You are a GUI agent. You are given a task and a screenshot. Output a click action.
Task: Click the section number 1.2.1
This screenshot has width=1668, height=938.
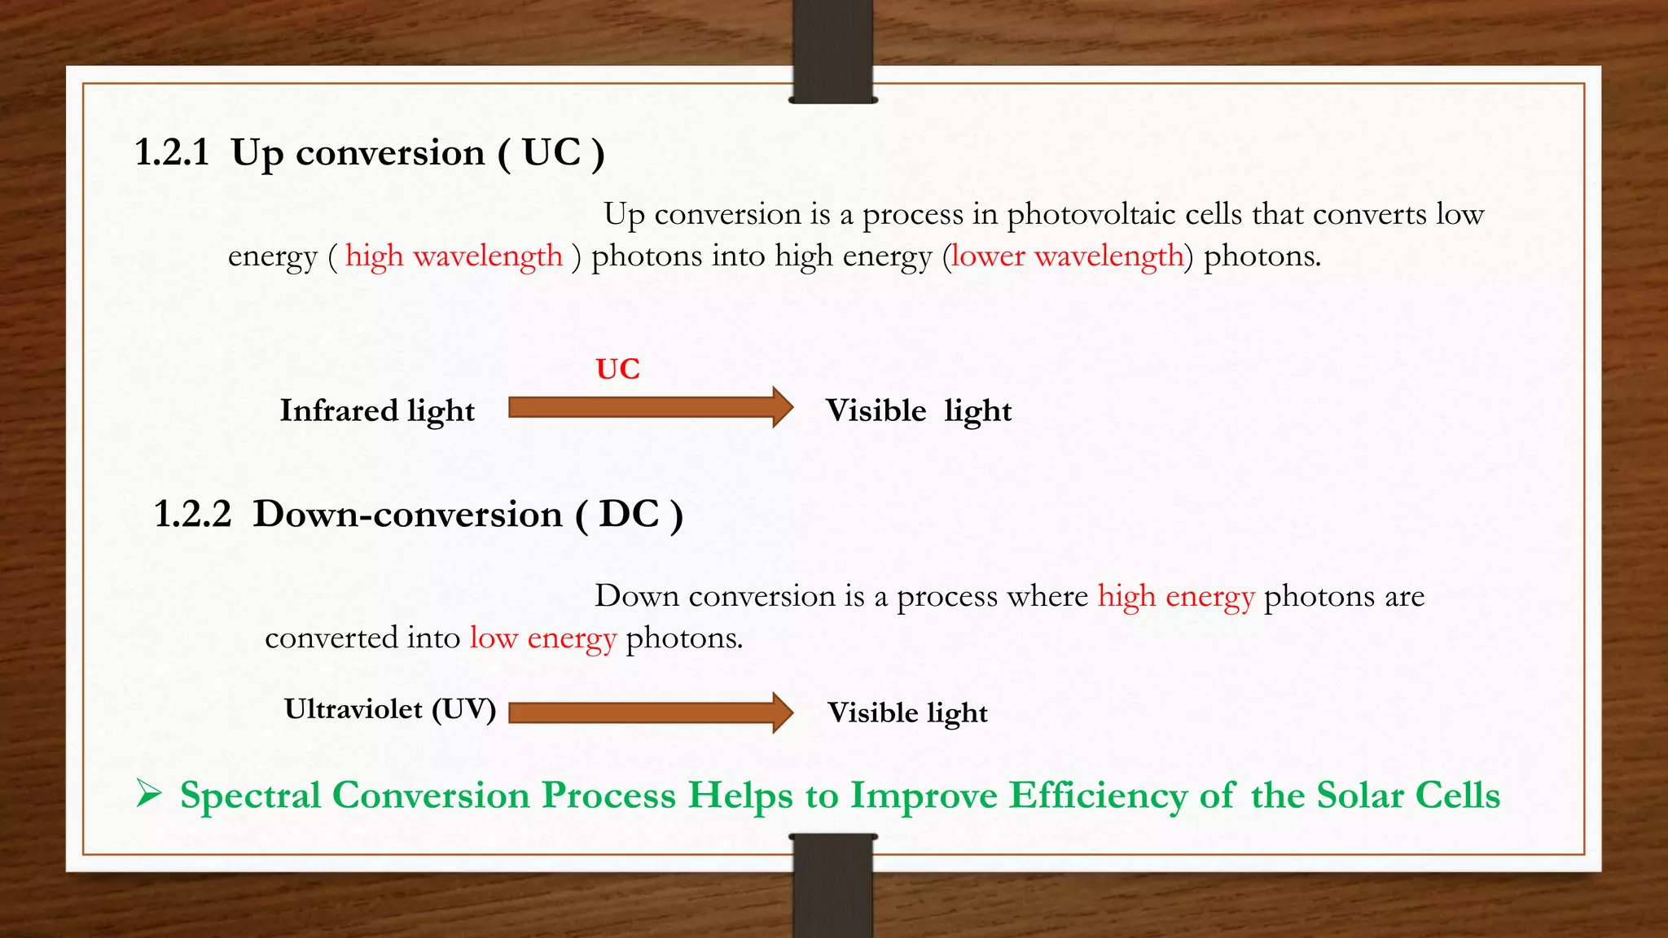172,153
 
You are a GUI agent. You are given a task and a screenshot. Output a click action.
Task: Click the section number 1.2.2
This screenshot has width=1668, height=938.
193,515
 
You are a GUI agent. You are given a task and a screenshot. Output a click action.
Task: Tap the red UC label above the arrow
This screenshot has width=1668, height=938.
617,369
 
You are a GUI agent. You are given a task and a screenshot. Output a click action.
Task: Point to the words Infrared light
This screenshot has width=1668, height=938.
377,411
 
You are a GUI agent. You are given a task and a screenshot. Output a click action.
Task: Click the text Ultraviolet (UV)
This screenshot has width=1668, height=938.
389,709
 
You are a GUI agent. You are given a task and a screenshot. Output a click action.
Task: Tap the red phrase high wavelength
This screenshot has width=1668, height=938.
454,256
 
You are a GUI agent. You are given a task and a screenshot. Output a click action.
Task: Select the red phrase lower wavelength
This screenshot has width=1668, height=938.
1067,256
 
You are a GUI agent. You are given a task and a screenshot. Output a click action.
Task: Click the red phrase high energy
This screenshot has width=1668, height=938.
1175,597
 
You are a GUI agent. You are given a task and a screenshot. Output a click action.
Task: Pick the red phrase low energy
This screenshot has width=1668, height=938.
542,638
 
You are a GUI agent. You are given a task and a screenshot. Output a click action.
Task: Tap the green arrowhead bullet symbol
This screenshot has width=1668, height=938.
148,793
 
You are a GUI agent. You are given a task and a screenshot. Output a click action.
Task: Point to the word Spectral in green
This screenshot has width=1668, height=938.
250,796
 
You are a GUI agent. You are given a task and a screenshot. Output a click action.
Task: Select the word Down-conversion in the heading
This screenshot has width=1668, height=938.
407,515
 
